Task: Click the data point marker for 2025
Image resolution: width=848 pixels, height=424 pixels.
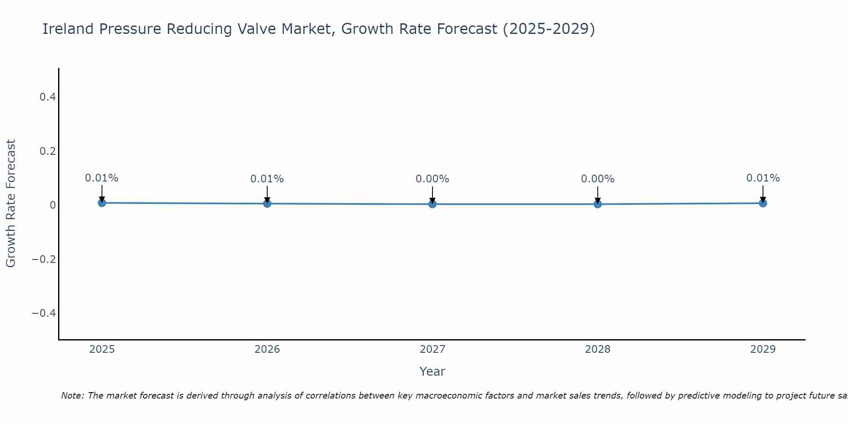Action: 102,203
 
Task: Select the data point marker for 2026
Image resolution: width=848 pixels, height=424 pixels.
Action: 267,204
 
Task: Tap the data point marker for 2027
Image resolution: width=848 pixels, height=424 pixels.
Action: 432,204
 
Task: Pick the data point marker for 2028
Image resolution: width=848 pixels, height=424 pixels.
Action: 598,204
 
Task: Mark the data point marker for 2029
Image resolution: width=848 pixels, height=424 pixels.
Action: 763,203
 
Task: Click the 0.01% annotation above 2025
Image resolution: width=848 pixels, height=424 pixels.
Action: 102,178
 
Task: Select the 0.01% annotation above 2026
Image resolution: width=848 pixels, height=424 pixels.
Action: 267,179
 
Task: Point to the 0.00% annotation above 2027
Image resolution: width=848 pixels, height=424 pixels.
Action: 432,179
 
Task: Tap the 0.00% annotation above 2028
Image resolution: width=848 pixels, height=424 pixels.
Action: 598,179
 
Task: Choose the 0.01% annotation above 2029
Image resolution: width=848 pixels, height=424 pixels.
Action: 763,178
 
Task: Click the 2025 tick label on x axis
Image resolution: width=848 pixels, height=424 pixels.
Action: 102,349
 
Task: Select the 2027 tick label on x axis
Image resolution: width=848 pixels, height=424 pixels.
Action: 432,349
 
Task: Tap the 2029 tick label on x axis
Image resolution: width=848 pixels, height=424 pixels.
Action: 763,349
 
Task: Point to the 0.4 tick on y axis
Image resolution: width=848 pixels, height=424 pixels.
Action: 47,97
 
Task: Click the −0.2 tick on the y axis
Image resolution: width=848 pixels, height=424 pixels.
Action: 44,259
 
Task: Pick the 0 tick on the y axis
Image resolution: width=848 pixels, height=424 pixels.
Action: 53,205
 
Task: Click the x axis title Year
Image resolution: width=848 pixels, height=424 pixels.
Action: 432,371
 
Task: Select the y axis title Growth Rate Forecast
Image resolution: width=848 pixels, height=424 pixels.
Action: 11,204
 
